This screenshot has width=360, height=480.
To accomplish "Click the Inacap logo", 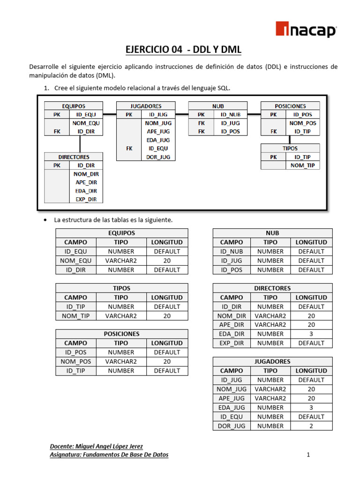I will pos(305,30).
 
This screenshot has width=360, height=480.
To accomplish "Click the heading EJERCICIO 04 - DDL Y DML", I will pos(183,49).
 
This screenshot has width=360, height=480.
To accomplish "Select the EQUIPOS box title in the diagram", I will pos(74,106).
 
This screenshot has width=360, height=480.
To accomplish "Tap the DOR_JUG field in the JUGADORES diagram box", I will pos(158,157).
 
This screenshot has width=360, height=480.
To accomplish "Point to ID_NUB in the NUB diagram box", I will pos(230,114).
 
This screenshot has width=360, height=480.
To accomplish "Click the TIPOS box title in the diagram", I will pos(290,148).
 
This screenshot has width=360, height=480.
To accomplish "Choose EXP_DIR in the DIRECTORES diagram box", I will pos(86,199).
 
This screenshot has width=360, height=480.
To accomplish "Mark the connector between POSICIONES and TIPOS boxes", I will pos(290,139).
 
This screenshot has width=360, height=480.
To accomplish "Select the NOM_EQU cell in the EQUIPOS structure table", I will pos(75,261).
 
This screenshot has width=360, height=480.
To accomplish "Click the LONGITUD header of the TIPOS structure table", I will pos(167,297).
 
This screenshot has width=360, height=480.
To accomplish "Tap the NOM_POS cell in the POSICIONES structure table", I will pos(75,361).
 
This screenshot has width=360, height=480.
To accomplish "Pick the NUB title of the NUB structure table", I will pos(272,233).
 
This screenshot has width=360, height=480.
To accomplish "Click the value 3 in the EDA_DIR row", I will pos(311,334).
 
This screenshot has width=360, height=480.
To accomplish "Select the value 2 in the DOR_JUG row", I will pos(311,426).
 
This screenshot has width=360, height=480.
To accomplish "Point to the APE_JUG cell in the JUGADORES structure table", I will pos(232,398).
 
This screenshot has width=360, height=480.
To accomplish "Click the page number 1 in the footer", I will pos(308,454).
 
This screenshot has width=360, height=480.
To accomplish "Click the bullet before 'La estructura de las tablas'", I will pos(45,220).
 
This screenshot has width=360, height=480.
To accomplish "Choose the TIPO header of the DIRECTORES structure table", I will pos(270,297).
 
